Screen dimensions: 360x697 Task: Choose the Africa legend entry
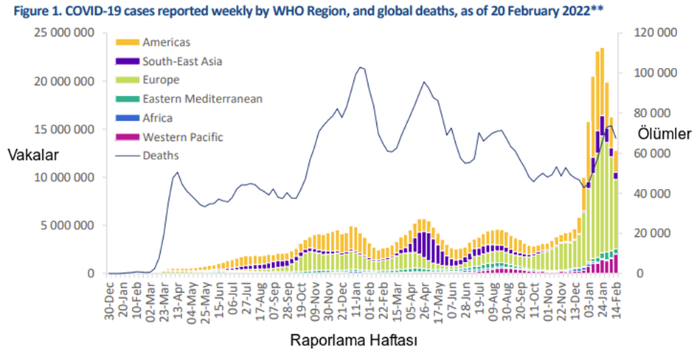click(157, 117)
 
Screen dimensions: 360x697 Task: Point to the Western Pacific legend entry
click(183, 136)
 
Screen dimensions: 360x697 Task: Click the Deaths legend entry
click(160, 155)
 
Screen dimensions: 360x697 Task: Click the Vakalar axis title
click(32, 155)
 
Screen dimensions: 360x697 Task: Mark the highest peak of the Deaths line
click(360, 68)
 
